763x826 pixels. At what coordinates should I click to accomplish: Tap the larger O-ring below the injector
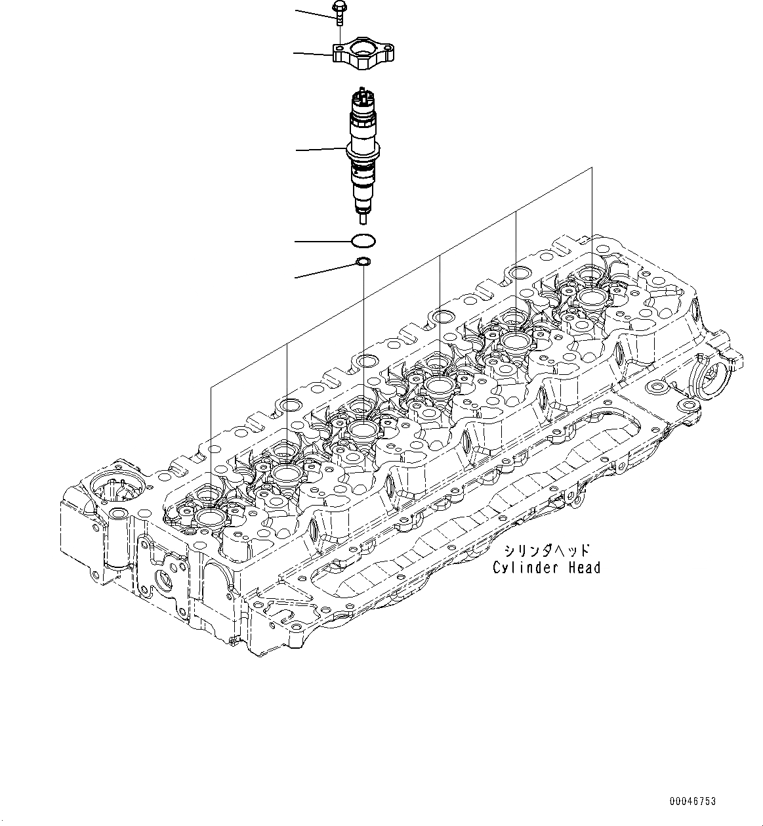363,241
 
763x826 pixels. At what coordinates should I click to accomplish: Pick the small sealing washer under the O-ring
362,263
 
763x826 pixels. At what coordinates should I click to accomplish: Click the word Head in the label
581,568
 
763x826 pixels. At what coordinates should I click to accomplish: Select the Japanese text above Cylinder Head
547,551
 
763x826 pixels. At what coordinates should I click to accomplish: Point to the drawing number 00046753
693,801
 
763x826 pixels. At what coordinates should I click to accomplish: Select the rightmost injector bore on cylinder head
592,297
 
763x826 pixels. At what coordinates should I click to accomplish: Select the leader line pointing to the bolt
314,11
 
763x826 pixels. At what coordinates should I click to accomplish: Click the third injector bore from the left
363,431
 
